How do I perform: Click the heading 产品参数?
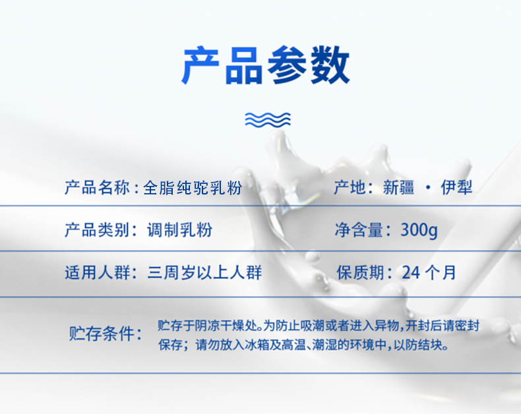click(x=265, y=65)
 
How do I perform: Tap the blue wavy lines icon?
click(x=268, y=119)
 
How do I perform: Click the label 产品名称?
click(x=98, y=189)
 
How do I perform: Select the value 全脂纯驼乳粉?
click(x=193, y=189)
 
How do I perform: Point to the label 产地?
click(x=350, y=189)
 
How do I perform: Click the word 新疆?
click(x=398, y=189)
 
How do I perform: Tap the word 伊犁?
click(x=457, y=189)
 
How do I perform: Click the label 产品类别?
click(x=98, y=230)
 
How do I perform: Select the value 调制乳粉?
click(x=179, y=230)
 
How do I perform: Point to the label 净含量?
click(x=359, y=230)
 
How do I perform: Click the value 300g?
click(x=419, y=231)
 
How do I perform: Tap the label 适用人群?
click(x=98, y=272)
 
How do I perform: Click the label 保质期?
click(x=360, y=272)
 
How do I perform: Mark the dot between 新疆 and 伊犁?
click(x=429, y=189)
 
